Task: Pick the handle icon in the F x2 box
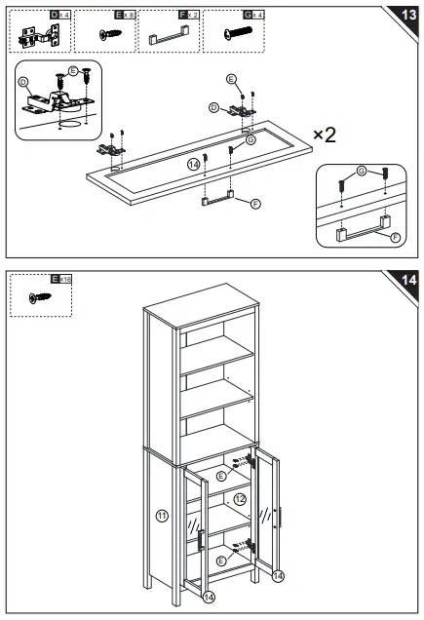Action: click(x=167, y=38)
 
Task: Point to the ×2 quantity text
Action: click(x=325, y=135)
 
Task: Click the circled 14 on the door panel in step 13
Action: click(x=194, y=165)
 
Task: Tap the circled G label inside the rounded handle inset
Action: click(x=362, y=173)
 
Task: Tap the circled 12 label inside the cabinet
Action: click(x=240, y=499)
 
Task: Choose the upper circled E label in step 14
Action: click(x=222, y=476)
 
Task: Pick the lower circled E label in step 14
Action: click(x=222, y=562)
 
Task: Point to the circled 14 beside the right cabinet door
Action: click(x=278, y=576)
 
